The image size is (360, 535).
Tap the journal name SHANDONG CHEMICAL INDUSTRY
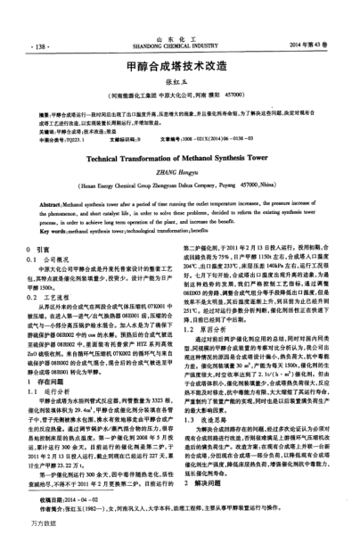[x=180, y=45]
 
